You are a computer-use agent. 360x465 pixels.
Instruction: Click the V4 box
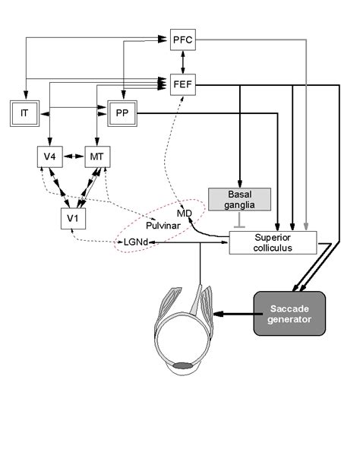tap(49, 157)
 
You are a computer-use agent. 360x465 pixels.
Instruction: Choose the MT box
tap(96, 157)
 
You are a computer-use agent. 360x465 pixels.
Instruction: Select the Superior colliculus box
tap(271, 243)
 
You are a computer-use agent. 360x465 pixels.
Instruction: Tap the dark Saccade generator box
tap(289, 313)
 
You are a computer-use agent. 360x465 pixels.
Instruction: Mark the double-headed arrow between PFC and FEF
tap(183, 61)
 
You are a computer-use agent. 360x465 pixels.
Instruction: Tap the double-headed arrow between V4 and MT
tap(73, 157)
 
